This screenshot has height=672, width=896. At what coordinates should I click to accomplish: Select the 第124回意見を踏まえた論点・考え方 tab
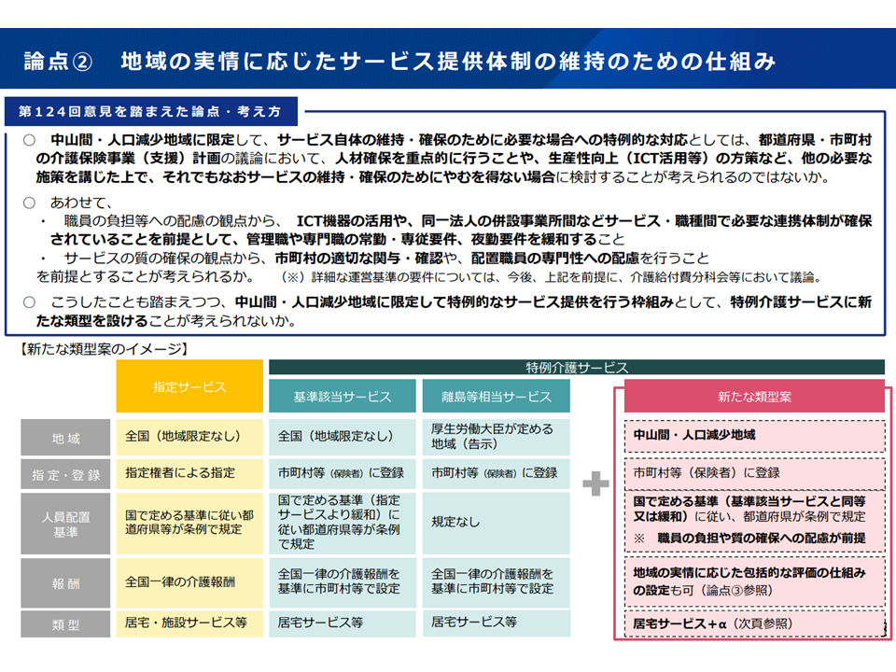tap(149, 111)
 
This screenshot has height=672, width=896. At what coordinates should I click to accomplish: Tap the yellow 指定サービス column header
tap(189, 385)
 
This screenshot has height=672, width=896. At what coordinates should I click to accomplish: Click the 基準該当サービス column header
tap(343, 397)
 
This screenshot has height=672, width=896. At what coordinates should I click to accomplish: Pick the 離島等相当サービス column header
tap(496, 397)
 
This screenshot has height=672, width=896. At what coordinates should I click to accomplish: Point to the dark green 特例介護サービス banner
tap(577, 368)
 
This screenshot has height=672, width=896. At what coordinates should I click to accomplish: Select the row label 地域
tap(66, 437)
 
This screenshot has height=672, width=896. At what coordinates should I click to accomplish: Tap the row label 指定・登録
tap(66, 474)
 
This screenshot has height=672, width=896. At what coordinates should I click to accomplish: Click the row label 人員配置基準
tap(66, 524)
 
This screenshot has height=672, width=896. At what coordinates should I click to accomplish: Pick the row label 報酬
tap(66, 582)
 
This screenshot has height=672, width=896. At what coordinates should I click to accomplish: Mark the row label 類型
tap(66, 623)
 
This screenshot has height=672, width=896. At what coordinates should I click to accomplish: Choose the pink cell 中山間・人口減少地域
tap(694, 435)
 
